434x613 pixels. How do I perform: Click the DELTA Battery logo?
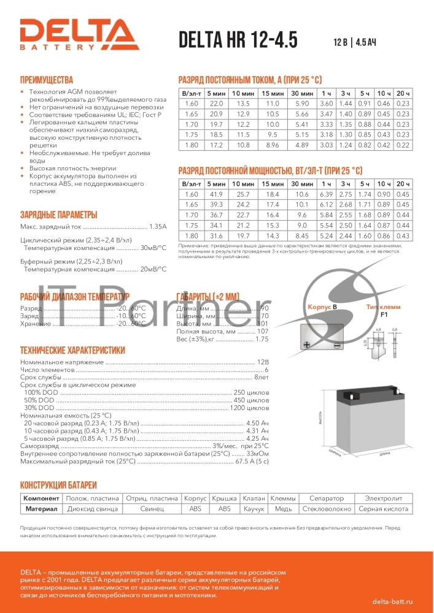77,34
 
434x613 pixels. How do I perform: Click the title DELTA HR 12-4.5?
238,40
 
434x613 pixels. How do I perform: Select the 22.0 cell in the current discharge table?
216,104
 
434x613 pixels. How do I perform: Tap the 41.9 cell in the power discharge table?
216,194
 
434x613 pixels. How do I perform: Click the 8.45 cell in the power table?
302,236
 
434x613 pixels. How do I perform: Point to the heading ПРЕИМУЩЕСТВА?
47,80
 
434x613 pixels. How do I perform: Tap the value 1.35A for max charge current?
158,227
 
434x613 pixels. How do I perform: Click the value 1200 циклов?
249,408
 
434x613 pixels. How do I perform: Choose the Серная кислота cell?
384,509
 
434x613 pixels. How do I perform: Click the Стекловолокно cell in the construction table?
327,509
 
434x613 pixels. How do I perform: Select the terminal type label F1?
384,314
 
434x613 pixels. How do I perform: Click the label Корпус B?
323,305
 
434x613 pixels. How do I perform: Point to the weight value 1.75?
262,339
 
